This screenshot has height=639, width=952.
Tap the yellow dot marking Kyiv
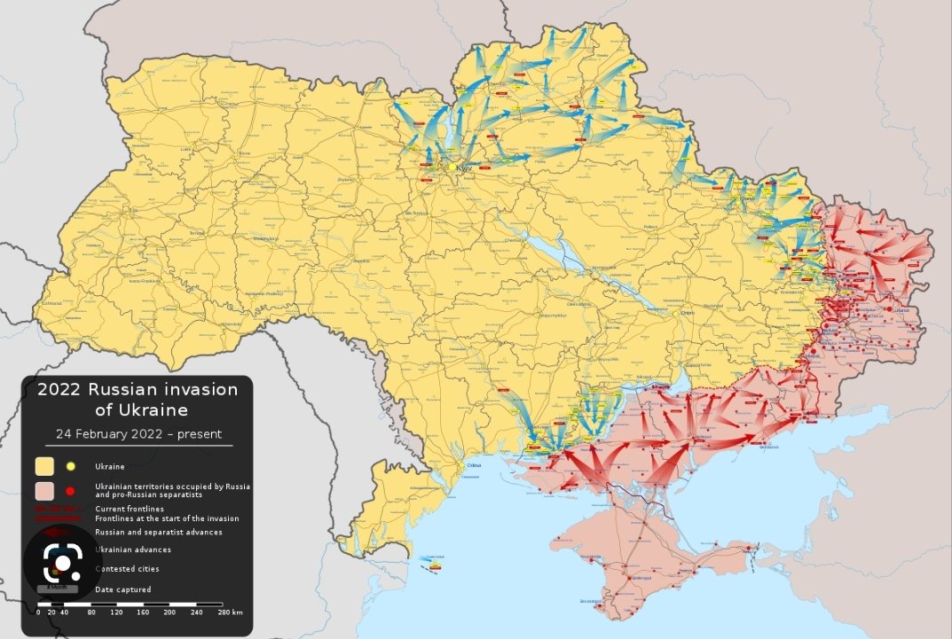coord(452,166)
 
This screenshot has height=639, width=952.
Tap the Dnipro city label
coord(684,313)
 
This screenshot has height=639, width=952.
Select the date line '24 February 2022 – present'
coord(138,434)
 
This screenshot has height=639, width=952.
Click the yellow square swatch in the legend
coord(44,466)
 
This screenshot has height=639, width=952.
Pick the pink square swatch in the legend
coord(44,490)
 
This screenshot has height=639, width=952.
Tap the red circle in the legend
coord(70,490)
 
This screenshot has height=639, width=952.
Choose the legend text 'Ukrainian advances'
coord(132,549)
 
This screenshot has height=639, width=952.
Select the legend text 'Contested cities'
coord(128,569)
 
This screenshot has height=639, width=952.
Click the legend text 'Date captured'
coord(122,589)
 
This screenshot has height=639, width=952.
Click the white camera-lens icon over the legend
coord(62,563)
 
